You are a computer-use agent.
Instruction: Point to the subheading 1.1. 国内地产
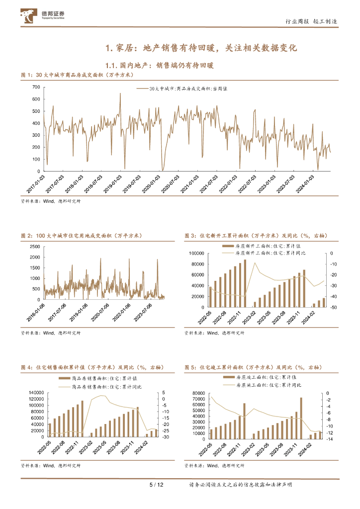coord(160,65)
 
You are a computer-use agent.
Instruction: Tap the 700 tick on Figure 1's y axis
coord(35,87)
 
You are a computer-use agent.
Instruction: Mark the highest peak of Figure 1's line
coord(120,94)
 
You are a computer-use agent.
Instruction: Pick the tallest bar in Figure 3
coord(245,283)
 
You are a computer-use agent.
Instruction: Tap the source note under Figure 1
coord(50,201)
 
